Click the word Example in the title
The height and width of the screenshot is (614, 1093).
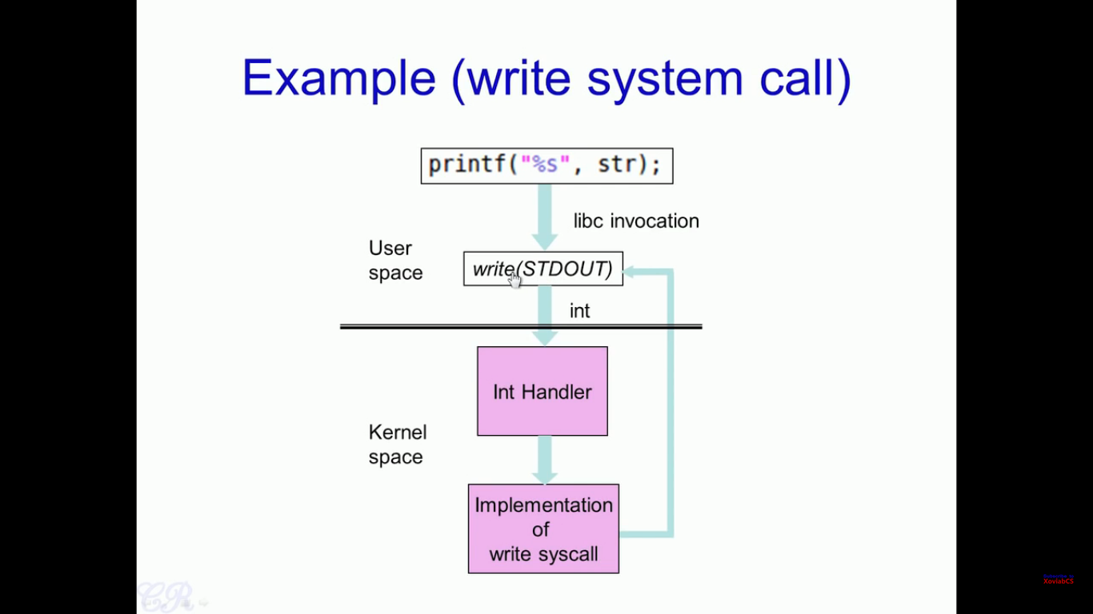pyautogui.click(x=338, y=78)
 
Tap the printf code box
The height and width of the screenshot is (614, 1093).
pyautogui.click(x=546, y=165)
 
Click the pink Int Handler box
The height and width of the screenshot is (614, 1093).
pyautogui.click(x=542, y=391)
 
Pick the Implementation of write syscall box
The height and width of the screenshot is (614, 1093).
pyautogui.click(x=543, y=528)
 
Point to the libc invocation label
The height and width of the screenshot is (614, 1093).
pyautogui.click(x=636, y=221)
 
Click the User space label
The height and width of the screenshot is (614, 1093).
pyautogui.click(x=395, y=261)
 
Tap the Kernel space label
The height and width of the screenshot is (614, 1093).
pyautogui.click(x=397, y=445)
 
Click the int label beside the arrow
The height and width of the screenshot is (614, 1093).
pyautogui.click(x=579, y=311)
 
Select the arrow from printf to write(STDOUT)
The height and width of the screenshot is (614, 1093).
pyautogui.click(x=545, y=216)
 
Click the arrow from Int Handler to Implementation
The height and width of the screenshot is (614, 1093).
pyautogui.click(x=545, y=460)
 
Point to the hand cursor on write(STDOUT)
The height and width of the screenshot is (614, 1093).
pyautogui.click(x=514, y=279)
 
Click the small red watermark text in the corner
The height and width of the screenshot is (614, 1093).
pyautogui.click(x=1058, y=580)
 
